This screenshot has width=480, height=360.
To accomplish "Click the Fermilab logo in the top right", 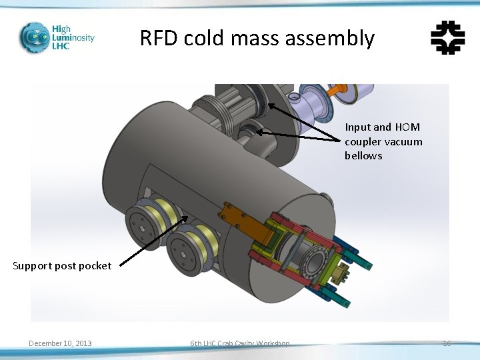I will click(448, 37).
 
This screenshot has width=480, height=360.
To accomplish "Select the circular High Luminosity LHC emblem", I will click(33, 37).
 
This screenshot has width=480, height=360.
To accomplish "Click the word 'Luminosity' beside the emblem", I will click(73, 38).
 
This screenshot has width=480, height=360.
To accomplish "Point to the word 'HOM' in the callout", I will click(408, 127).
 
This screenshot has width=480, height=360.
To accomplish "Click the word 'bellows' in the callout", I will click(363, 156).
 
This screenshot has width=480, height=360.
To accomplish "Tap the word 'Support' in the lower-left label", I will click(31, 266).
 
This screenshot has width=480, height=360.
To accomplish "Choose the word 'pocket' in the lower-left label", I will click(95, 266).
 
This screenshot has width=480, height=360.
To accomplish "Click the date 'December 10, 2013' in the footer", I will click(60, 343).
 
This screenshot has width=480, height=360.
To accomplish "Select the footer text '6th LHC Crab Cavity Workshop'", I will click(239, 343).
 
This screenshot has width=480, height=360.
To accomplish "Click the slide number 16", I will click(447, 343).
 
